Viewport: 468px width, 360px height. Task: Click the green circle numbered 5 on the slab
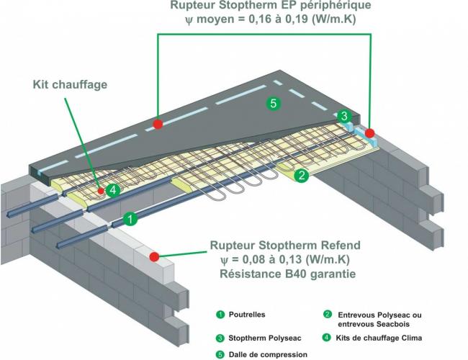point(273,104)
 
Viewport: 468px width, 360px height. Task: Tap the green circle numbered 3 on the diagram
point(345,116)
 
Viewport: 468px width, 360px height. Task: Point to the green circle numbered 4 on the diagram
point(112,190)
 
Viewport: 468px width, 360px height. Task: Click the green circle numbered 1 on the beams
point(130,217)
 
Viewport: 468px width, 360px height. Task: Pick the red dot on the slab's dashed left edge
point(158,124)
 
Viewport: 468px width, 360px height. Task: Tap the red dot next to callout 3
point(369,133)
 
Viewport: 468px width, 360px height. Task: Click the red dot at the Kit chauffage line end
point(99,192)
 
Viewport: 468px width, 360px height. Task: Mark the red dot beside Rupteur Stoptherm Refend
point(154,256)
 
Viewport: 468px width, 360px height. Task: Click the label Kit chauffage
point(70,85)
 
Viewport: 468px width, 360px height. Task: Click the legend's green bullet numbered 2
point(328,315)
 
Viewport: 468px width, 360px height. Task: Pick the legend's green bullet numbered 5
point(220,354)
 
